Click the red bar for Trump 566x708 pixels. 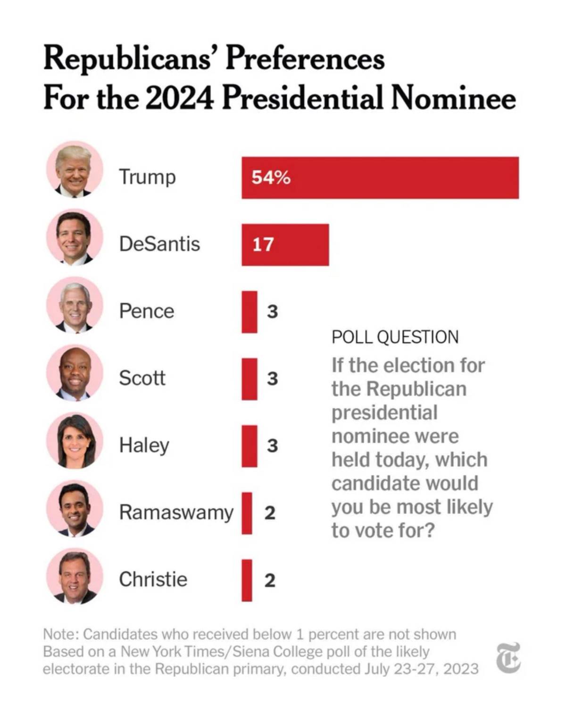coord(380,177)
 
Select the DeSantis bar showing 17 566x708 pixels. coord(285,244)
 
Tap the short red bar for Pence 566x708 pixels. coord(250,312)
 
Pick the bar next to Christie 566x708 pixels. coord(247,580)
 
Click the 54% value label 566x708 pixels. coord(271,178)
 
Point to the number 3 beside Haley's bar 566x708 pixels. coord(272,446)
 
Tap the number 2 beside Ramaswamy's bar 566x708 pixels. coord(270,513)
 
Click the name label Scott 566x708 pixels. coord(142,378)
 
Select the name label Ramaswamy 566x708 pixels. coord(176,513)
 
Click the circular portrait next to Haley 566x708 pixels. coord(75,441)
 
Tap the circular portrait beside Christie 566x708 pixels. coord(75,576)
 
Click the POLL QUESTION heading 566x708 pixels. coord(395,337)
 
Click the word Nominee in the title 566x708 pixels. coord(454,98)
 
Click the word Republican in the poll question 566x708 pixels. coord(416,389)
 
